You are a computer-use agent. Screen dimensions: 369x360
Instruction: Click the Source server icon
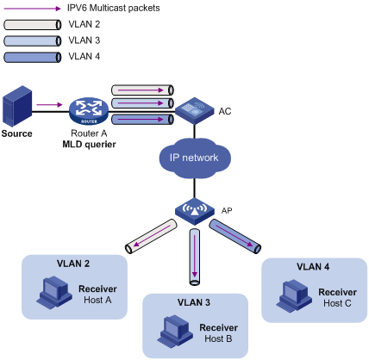(17, 106)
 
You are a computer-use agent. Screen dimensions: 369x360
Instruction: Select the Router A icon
(89, 111)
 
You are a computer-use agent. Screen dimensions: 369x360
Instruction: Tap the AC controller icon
(195, 110)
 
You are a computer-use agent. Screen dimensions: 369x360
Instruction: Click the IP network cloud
(195, 158)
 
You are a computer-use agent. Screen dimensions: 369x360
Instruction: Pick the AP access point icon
(195, 211)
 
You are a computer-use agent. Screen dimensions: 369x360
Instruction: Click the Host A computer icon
(54, 293)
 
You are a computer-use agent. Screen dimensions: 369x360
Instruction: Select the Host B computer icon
(175, 331)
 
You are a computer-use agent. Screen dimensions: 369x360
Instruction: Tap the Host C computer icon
(294, 295)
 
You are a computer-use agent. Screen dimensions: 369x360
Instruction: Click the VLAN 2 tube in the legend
(33, 25)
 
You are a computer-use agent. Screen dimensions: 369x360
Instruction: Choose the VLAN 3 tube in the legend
(33, 41)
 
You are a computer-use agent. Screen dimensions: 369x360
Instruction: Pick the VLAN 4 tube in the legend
(33, 57)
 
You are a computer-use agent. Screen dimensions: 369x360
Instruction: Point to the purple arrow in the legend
(32, 9)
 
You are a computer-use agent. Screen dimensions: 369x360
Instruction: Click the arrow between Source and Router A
(49, 104)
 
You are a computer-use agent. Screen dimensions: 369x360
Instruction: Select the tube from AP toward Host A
(151, 236)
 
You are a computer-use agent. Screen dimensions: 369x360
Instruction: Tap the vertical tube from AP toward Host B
(195, 257)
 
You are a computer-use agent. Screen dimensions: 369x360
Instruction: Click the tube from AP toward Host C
(235, 236)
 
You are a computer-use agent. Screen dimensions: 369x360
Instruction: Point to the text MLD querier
(89, 144)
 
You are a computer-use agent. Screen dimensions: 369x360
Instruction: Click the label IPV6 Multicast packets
(113, 8)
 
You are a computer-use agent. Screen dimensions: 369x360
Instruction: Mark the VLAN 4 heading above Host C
(313, 267)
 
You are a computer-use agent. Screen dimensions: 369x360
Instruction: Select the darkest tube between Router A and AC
(142, 119)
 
